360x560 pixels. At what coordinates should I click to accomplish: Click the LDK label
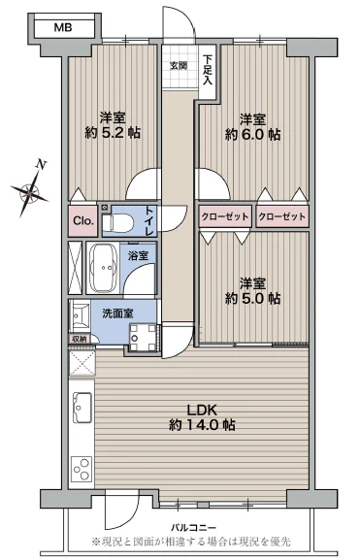coord(202,408)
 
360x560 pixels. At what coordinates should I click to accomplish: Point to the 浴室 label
coord(138,255)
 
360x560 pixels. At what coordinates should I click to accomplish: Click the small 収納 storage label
coord(79,339)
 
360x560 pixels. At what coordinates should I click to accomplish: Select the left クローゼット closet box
coord(224,216)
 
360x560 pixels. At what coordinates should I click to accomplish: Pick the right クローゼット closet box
coord(282,216)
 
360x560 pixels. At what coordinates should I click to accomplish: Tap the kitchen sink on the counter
coord(82,407)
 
